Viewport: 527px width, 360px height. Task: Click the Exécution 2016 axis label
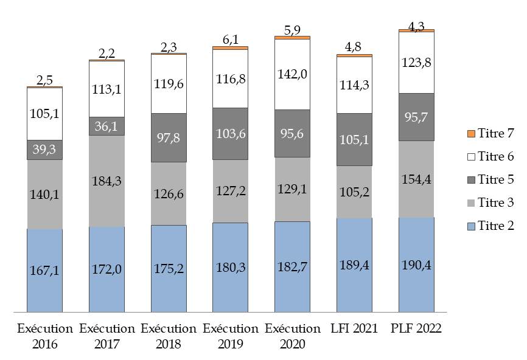pyautogui.click(x=45, y=336)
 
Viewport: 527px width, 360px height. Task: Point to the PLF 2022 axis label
pyautogui.click(x=416, y=329)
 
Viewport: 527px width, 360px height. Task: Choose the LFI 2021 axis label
pyautogui.click(x=354, y=329)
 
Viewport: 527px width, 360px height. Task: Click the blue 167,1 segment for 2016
pyautogui.click(x=45, y=271)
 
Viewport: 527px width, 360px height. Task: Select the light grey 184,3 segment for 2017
pyautogui.click(x=107, y=181)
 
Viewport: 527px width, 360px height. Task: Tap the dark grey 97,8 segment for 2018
pyautogui.click(x=169, y=137)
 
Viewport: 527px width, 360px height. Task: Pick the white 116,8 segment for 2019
pyautogui.click(x=231, y=78)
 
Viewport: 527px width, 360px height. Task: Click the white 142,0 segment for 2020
pyautogui.click(x=293, y=74)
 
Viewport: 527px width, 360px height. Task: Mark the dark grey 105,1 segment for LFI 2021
pyautogui.click(x=354, y=139)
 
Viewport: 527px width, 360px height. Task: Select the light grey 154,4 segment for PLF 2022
pyautogui.click(x=416, y=179)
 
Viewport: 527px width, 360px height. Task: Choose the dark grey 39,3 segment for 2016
pyautogui.click(x=45, y=150)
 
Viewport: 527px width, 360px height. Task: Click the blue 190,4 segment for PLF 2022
pyautogui.click(x=416, y=265)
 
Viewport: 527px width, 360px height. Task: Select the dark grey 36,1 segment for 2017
pyautogui.click(x=107, y=126)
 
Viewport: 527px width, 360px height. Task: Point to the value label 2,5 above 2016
pyautogui.click(x=45, y=79)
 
